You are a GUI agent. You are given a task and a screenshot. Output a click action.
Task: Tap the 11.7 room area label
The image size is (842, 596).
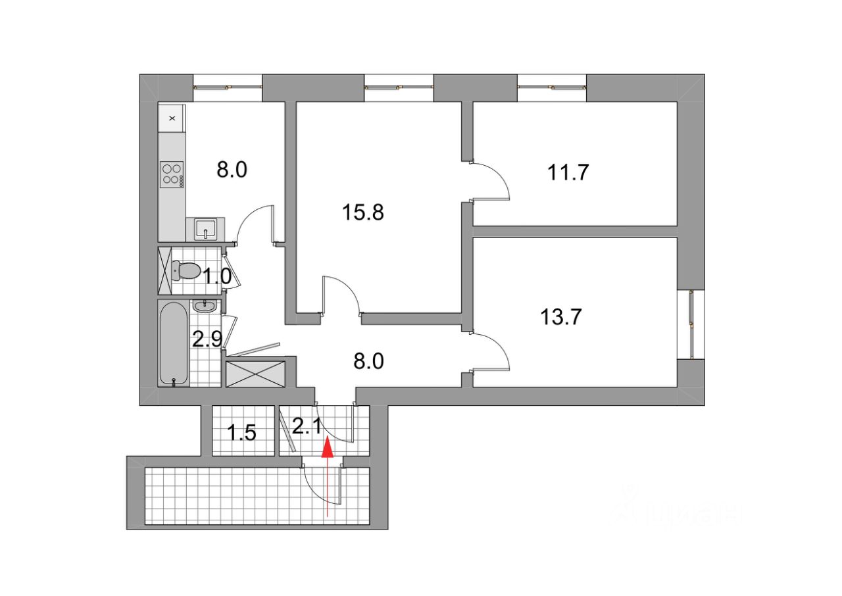(x=568, y=172)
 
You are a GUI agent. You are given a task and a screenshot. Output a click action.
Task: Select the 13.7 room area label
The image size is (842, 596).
(x=560, y=317)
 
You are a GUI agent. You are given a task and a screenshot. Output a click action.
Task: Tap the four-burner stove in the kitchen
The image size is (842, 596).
(x=172, y=174)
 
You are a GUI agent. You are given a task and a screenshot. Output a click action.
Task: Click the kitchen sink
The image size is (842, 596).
(x=206, y=230)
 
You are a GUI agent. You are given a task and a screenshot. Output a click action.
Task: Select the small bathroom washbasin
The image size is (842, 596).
(x=206, y=305)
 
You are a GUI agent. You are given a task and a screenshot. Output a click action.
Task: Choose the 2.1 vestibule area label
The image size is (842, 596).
(x=306, y=427)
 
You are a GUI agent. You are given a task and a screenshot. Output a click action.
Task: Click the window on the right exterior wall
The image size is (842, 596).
(x=691, y=324)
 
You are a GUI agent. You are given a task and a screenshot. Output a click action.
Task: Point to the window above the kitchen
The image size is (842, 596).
(x=228, y=86)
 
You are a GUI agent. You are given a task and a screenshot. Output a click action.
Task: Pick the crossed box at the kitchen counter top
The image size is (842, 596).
(x=172, y=118)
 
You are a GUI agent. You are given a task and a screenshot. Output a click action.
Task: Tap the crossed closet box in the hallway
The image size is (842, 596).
(x=255, y=373)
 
